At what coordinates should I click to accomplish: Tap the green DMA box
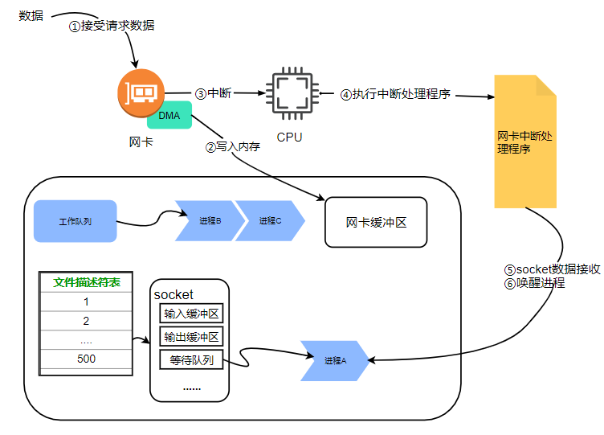point(169,115)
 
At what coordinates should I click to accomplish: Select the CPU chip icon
point(290,94)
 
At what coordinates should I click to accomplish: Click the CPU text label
point(289,137)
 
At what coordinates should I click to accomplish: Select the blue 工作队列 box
point(75,220)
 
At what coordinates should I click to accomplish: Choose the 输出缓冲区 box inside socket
point(191,337)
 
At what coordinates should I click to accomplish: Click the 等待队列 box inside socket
point(191,360)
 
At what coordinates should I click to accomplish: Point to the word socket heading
point(173,295)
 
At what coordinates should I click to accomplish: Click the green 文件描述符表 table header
point(86,282)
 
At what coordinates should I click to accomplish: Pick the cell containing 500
point(86,359)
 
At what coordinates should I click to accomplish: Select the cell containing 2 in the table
point(86,321)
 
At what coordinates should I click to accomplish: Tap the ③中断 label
point(213,93)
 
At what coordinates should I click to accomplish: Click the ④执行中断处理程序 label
point(394,94)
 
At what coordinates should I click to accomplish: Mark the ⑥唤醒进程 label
point(534,283)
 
